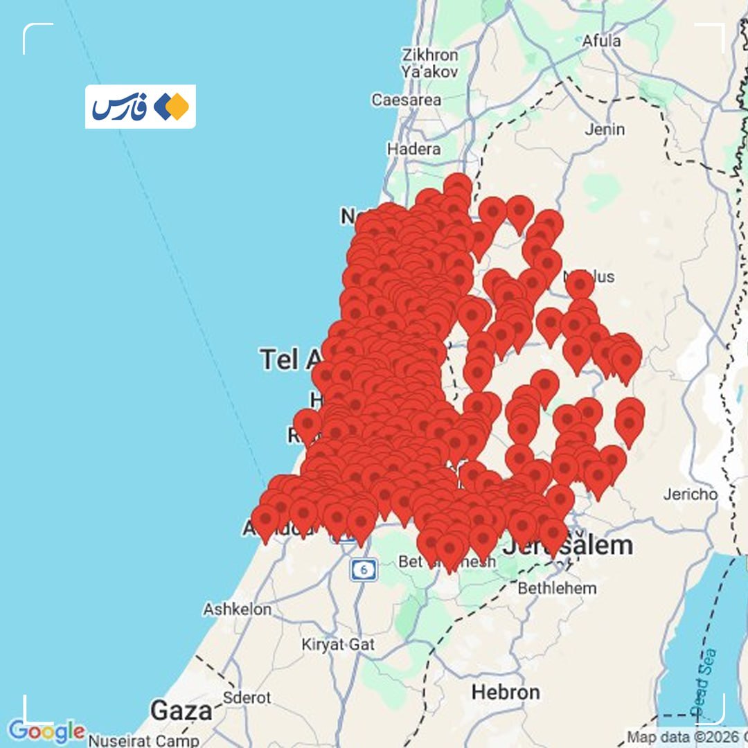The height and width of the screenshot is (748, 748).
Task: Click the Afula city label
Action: pos(601,41)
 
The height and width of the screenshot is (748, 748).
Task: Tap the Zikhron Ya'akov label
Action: pos(429,62)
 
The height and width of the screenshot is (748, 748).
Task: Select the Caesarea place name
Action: pos(406,100)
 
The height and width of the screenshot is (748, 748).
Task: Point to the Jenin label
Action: pos(604,129)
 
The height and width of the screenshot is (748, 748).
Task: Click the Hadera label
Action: pos(413,148)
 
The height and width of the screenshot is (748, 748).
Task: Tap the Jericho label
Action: pos(690,494)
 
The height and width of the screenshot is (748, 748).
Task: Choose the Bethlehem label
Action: pos(557,588)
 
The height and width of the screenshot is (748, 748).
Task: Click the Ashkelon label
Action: pos(237,609)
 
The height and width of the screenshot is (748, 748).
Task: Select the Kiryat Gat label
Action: pos(338,644)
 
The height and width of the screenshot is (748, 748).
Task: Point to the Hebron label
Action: pos(505,691)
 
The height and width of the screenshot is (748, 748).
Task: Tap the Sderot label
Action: pos(247,697)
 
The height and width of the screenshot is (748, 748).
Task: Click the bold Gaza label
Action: pos(181,711)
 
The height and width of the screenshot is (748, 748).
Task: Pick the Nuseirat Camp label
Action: pos(139,740)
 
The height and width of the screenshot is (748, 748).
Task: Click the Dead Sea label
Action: pos(705,682)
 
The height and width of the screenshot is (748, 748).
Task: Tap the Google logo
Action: pos(46,731)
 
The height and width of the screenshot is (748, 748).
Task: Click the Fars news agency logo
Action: pos(140,107)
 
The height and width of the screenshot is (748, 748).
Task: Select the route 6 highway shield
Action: pos(363,569)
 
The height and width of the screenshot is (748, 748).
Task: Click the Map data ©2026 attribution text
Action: pos(682,737)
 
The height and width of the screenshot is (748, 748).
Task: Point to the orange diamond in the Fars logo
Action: pos(179,107)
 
